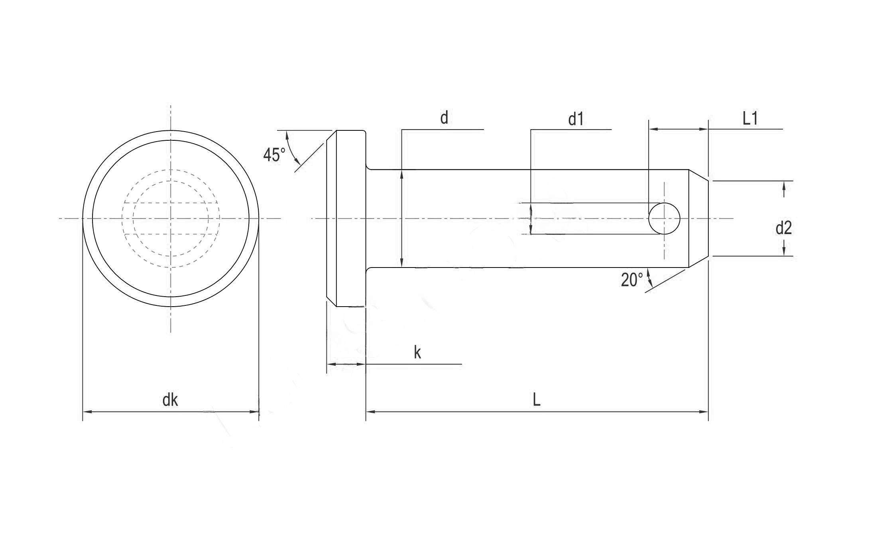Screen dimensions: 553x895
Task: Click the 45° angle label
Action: pyautogui.click(x=274, y=155)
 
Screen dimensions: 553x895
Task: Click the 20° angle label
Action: pyautogui.click(x=632, y=280)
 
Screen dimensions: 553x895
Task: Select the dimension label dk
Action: pyautogui.click(x=170, y=400)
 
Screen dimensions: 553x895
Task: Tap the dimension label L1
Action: pyautogui.click(x=750, y=118)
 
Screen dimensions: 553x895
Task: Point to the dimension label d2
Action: pyautogui.click(x=783, y=228)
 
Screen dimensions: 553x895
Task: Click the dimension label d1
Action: pyautogui.click(x=576, y=119)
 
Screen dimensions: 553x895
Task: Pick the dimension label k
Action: pyautogui.click(x=417, y=352)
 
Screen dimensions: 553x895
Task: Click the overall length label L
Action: pyautogui.click(x=537, y=400)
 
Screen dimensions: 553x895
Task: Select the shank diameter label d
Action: pyautogui.click(x=444, y=118)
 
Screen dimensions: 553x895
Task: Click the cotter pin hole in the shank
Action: pyautogui.click(x=664, y=218)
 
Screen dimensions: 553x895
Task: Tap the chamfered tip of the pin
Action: pyautogui.click(x=699, y=218)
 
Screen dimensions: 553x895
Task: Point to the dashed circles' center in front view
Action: pyautogui.click(x=171, y=218)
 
